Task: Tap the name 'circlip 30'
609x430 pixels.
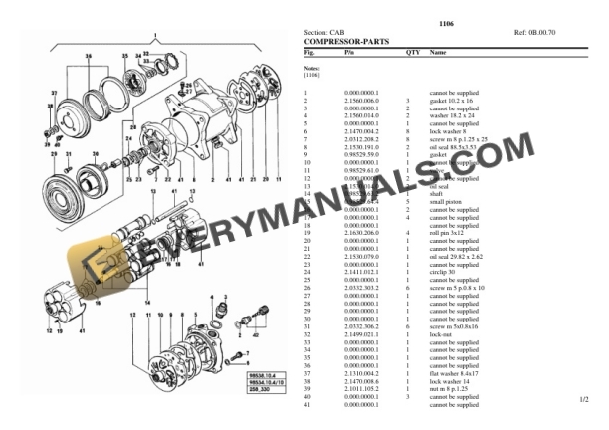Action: pyautogui.click(x=445, y=269)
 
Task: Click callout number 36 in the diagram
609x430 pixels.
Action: pyautogui.click(x=87, y=57)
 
